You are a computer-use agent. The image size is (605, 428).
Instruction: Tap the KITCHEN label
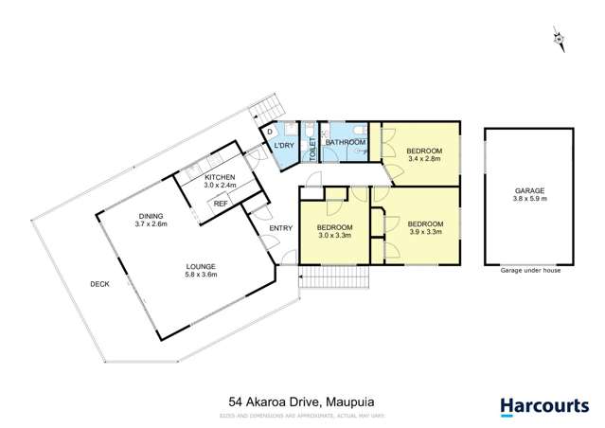pos(221,177)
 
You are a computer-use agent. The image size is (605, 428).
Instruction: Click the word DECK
pos(99,283)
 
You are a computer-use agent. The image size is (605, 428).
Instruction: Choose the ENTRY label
pos(280,228)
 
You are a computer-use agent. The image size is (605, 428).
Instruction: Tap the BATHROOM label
pos(346,143)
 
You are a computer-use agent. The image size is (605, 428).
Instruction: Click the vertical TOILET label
pos(311,148)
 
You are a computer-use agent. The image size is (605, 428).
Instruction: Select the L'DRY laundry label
pos(284,145)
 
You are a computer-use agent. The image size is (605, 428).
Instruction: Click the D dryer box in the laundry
pos(269,132)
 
